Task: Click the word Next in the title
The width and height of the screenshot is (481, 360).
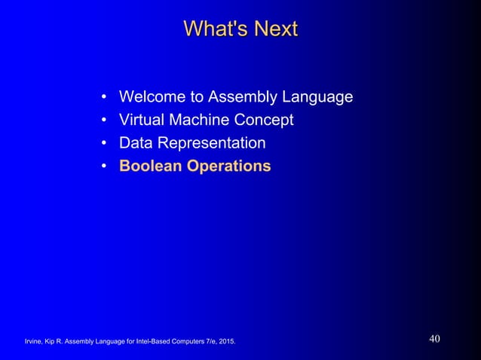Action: pos(274,29)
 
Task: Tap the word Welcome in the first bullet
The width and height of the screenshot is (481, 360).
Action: pos(153,97)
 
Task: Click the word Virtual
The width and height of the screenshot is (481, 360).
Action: pos(143,120)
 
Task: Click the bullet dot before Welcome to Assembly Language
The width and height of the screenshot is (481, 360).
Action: pos(103,98)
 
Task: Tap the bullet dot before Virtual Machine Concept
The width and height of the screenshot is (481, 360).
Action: pos(103,121)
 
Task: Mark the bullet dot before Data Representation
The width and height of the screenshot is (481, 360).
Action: pos(103,143)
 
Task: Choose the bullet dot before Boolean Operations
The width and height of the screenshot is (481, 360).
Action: pos(103,166)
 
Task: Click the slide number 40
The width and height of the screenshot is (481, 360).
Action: pos(434,338)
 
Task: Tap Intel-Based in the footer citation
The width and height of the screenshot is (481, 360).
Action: pos(145,343)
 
